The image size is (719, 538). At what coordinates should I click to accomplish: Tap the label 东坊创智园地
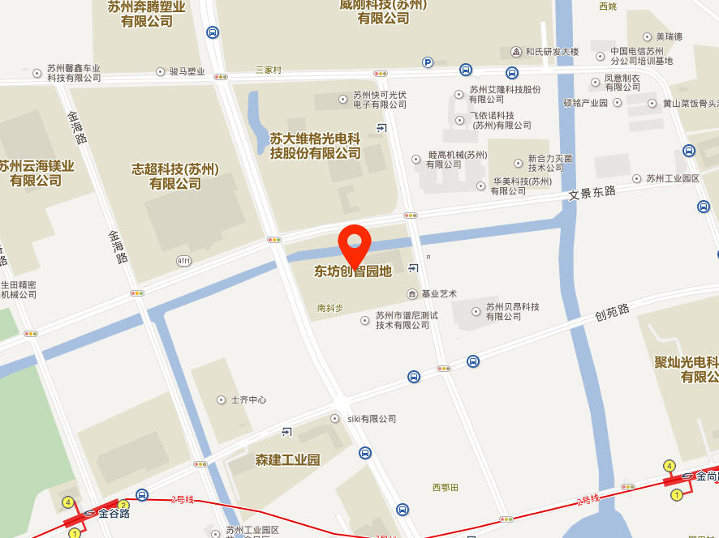tap(353, 271)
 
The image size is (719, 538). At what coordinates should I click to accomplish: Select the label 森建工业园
tap(287, 460)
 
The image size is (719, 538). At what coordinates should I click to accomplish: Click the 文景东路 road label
tap(592, 193)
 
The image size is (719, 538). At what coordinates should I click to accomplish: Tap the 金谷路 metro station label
tap(114, 513)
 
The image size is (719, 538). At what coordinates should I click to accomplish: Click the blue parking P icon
tap(428, 62)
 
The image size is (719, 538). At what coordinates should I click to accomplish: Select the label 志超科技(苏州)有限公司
tap(175, 177)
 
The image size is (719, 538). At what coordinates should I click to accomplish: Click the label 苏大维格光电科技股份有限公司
tap(315, 146)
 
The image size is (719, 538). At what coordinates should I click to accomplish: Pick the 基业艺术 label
tap(438, 293)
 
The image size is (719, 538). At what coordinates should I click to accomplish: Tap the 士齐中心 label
tap(248, 399)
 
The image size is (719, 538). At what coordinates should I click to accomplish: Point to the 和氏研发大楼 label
tap(552, 52)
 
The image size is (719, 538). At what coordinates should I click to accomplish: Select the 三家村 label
tap(268, 70)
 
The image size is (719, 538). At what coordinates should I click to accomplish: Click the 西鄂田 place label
tap(446, 487)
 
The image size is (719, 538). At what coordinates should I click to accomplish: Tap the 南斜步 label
tap(330, 308)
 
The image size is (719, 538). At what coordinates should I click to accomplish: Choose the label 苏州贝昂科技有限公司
tap(512, 311)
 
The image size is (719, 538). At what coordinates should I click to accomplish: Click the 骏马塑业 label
tap(187, 71)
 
